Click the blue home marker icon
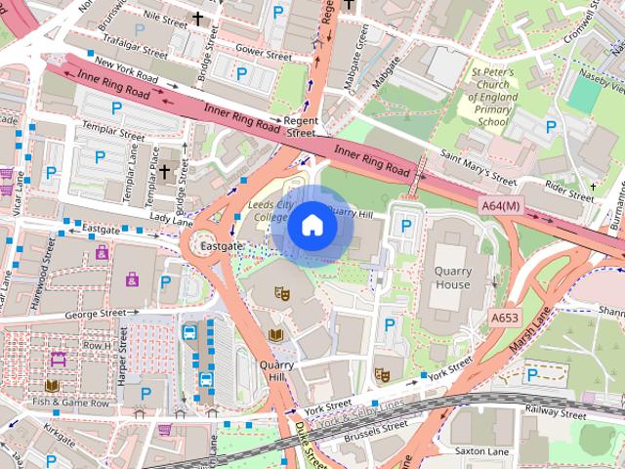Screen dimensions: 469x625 pyautogui.click(x=312, y=226)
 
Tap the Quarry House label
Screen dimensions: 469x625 pyautogui.click(x=452, y=277)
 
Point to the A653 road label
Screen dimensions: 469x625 pyautogui.click(x=505, y=318)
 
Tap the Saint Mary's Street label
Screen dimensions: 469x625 pyautogui.click(x=478, y=166)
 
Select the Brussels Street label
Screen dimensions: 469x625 pyautogui.click(x=368, y=427)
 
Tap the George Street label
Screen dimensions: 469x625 pyautogui.click(x=96, y=314)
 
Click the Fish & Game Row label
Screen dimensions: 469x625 pyautogui.click(x=70, y=402)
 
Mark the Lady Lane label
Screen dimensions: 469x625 pyautogui.click(x=171, y=221)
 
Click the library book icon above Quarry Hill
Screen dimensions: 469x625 pyautogui.click(x=274, y=335)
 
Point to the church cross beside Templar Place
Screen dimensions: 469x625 pyautogui.click(x=165, y=171)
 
